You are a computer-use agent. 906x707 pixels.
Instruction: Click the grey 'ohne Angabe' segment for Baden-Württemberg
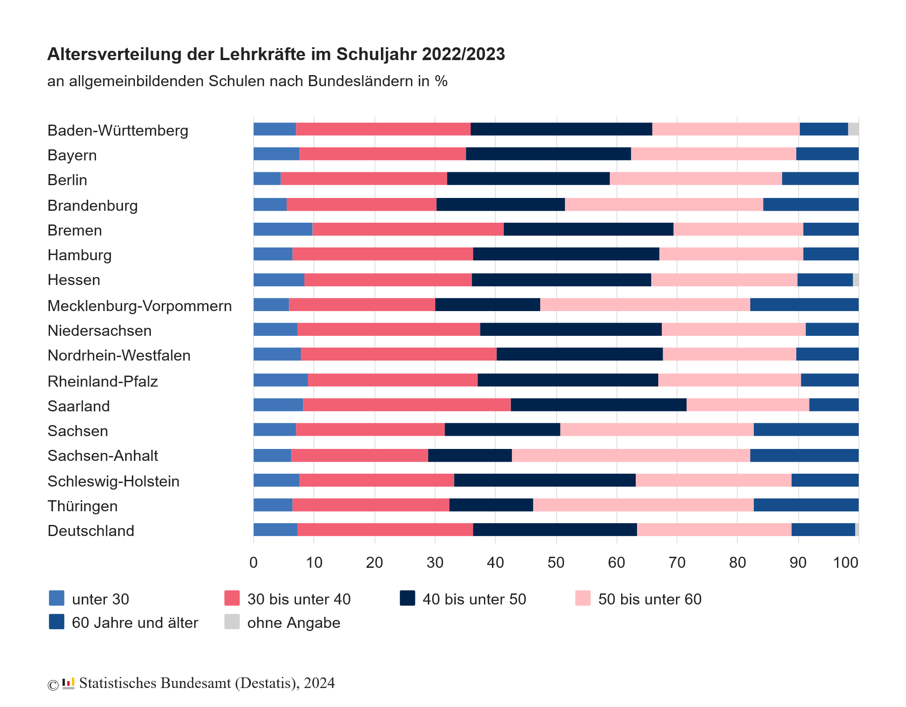853,129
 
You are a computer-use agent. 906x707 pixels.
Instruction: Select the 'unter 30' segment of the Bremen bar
283,229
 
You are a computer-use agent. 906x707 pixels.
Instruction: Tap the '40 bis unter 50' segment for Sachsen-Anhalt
470,456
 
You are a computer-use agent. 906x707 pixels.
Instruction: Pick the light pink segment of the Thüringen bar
643,505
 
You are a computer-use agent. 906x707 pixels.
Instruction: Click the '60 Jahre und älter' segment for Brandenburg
811,205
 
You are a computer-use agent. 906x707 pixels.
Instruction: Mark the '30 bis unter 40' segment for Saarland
407,405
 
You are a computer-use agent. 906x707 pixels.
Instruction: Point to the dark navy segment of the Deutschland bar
555,530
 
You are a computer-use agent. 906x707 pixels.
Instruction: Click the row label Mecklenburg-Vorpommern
139,306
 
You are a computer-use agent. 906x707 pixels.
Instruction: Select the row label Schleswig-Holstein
113,481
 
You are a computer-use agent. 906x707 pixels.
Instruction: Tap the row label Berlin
67,180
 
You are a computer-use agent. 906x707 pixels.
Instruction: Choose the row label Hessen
74,280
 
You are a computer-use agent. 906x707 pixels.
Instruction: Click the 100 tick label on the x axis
845,563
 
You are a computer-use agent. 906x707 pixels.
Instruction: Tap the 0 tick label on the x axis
253,563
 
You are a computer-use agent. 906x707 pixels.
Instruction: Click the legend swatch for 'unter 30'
57,598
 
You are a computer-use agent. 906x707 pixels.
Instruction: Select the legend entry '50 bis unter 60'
649,599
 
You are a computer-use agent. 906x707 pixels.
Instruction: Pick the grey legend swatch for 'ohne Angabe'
232,622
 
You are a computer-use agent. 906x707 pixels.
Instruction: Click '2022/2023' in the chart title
463,54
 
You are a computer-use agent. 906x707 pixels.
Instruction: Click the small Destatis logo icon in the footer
68,684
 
